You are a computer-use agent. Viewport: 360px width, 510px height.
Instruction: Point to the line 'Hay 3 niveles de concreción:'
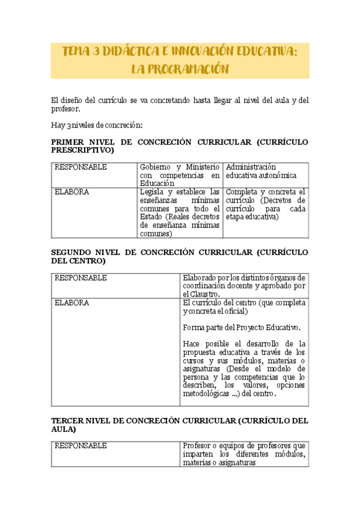(97, 125)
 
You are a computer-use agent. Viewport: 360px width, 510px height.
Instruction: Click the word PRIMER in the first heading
(69, 142)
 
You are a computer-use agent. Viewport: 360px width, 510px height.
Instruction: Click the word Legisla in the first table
(153, 192)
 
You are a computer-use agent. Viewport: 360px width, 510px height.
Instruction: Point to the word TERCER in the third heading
(69, 422)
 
